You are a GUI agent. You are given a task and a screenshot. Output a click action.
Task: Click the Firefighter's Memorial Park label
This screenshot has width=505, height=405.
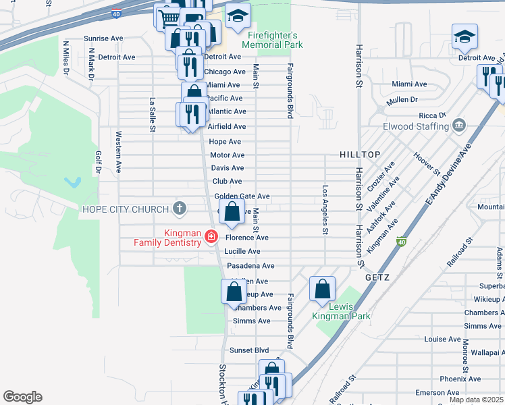click(x=273, y=40)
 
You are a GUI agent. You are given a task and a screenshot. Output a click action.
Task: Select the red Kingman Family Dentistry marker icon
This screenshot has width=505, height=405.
click(x=212, y=237)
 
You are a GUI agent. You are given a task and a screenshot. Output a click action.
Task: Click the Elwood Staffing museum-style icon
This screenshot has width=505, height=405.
click(x=459, y=125)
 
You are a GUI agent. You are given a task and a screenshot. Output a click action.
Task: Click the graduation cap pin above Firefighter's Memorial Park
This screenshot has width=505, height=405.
click(x=237, y=18)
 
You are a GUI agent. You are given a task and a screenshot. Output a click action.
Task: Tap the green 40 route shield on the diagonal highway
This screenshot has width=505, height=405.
click(x=401, y=242)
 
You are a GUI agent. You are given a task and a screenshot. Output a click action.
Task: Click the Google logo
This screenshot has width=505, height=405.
click(x=22, y=397)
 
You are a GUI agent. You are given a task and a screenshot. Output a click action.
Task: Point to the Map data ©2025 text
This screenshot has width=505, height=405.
click(x=476, y=400)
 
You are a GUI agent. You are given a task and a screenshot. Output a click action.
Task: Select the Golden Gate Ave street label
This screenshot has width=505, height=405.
click(x=242, y=196)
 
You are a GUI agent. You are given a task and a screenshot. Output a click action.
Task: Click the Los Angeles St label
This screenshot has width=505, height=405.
click(x=325, y=210)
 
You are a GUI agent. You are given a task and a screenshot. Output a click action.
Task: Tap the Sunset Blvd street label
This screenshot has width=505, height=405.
click(x=248, y=350)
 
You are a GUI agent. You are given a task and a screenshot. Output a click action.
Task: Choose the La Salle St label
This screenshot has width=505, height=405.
click(x=153, y=115)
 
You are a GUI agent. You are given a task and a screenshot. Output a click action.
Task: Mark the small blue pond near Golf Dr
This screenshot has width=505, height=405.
click(x=72, y=182)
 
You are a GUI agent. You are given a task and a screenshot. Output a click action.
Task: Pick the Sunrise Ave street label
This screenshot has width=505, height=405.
click(x=103, y=38)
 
